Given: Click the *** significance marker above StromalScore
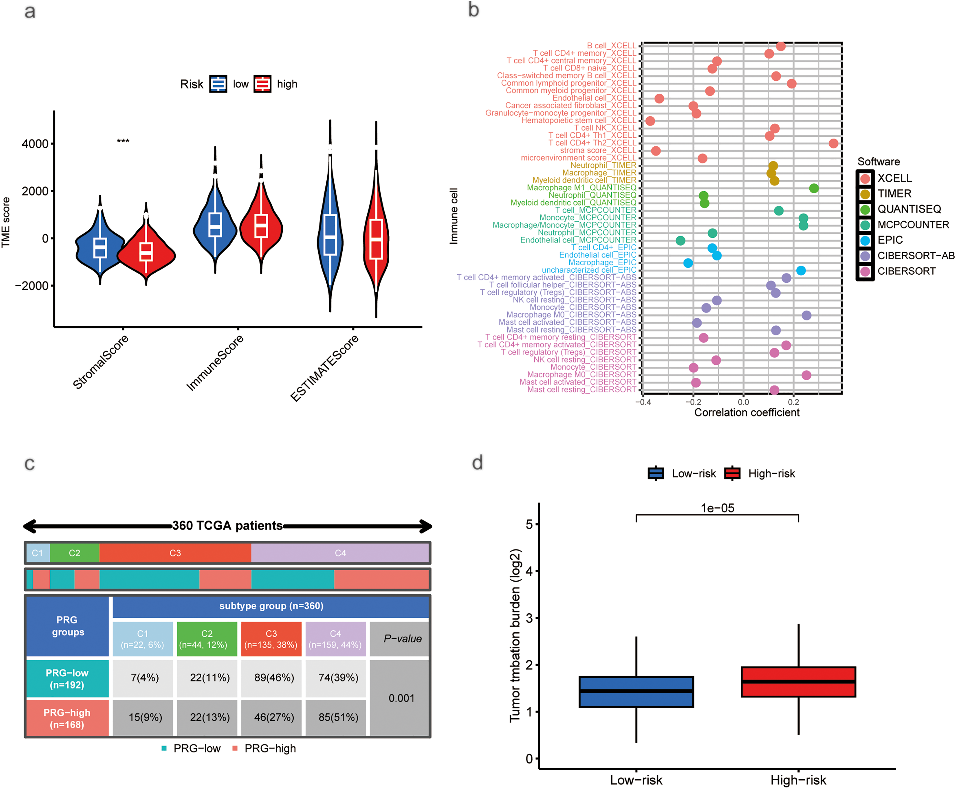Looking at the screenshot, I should pyautogui.click(x=123, y=141).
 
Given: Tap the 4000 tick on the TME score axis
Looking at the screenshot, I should pyautogui.click(x=36, y=144).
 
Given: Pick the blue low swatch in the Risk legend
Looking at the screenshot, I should pyautogui.click(x=218, y=84).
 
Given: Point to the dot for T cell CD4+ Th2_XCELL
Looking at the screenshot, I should pyautogui.click(x=833, y=144).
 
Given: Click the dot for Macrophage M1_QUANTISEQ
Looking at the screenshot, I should pyautogui.click(x=814, y=188).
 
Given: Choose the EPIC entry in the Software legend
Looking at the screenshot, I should pyautogui.click(x=890, y=240).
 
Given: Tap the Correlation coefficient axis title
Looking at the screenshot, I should pyautogui.click(x=747, y=413).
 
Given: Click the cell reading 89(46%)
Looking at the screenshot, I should pyautogui.click(x=274, y=678).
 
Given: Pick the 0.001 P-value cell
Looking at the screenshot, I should pyautogui.click(x=401, y=698).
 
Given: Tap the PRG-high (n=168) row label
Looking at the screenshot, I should pyautogui.click(x=67, y=718).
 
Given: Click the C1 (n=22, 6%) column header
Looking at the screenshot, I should pyautogui.click(x=143, y=639).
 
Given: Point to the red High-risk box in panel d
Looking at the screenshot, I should pyautogui.click(x=798, y=681).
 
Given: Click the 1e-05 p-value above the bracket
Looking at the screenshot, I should pyautogui.click(x=718, y=508).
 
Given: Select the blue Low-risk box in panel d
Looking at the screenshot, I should pyautogui.click(x=636, y=691).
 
